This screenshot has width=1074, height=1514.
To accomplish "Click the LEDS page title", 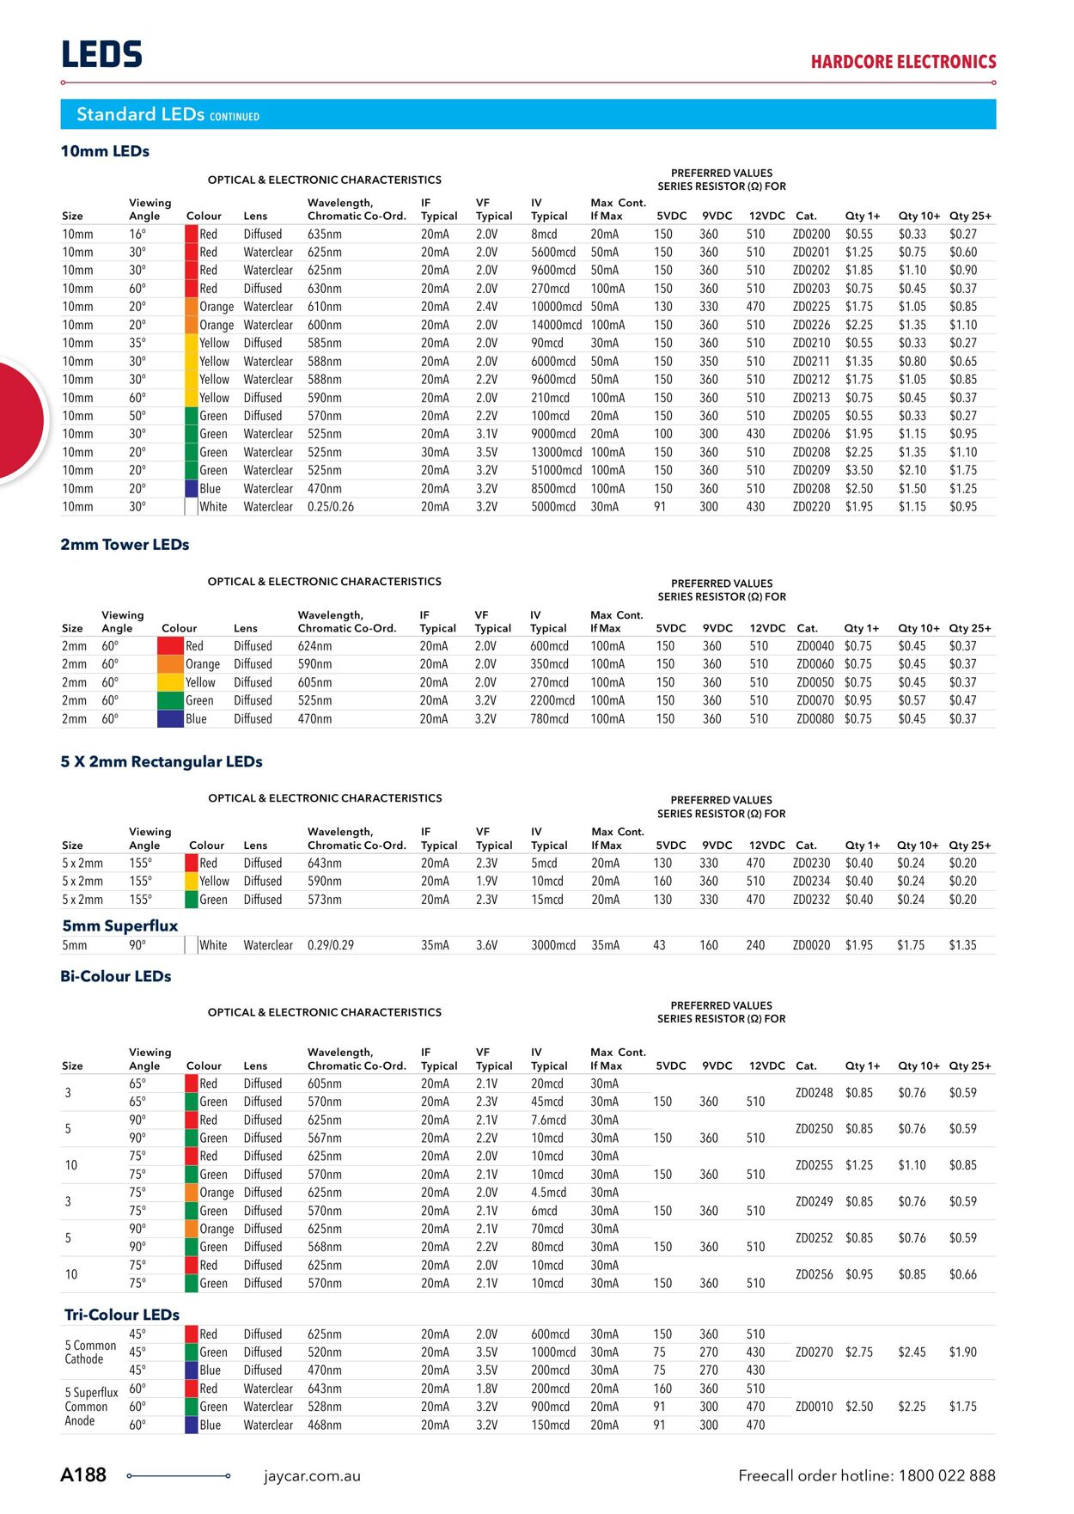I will click(x=101, y=54).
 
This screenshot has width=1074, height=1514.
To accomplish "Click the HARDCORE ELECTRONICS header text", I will click(x=903, y=62).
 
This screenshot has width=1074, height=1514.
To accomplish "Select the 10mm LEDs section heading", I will click(x=105, y=151).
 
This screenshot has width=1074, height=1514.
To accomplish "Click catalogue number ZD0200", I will click(x=811, y=234).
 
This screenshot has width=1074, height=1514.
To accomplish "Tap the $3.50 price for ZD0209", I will click(x=858, y=470).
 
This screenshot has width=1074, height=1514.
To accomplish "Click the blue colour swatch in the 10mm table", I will click(x=192, y=488).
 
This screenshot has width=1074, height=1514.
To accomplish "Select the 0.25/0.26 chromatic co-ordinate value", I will click(x=330, y=507).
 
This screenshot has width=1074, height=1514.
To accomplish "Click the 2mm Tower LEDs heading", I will click(x=125, y=545).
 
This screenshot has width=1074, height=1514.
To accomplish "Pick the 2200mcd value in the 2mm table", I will click(x=552, y=700).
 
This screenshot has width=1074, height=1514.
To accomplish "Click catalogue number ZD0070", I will click(x=815, y=700).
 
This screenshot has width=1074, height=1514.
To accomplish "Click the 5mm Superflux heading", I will click(x=119, y=925).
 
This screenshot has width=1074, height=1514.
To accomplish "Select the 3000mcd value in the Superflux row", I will click(x=552, y=945).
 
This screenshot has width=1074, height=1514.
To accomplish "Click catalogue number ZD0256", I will click(x=814, y=1274).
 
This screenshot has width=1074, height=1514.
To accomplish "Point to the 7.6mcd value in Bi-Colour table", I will click(x=548, y=1120).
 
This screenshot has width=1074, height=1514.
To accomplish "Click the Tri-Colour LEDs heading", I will click(x=121, y=1315).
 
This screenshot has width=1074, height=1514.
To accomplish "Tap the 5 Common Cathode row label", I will click(x=90, y=1352).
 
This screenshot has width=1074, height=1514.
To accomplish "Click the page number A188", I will click(x=83, y=1475).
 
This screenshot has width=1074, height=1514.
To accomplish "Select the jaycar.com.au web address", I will click(x=312, y=1476).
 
